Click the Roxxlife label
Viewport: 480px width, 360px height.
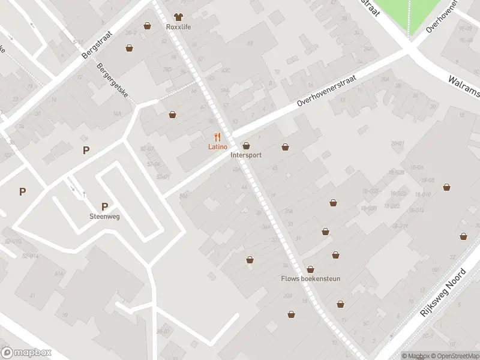click(x=178, y=26)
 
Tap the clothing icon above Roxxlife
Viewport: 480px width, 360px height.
click(x=178, y=17)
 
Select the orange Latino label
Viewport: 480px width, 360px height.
click(x=217, y=147)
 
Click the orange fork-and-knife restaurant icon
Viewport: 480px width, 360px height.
click(x=217, y=137)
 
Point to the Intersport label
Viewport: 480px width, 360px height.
click(x=246, y=155)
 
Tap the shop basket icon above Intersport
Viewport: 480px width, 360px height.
click(x=246, y=146)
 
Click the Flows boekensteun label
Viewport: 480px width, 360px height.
click(x=310, y=278)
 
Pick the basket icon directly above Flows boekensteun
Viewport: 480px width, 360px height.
click(x=310, y=269)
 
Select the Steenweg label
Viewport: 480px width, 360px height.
click(x=104, y=217)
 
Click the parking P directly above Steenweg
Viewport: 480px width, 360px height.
click(x=104, y=206)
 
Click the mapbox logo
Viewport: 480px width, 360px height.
click(x=26, y=353)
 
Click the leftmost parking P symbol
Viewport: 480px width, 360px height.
click(x=22, y=192)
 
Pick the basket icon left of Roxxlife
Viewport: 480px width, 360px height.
click(x=148, y=26)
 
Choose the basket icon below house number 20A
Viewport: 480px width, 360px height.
click(x=291, y=314)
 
